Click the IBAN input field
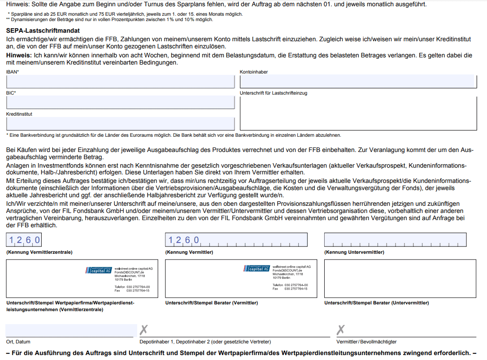[120, 82]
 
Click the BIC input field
[120, 102]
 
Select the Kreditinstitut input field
[120, 123]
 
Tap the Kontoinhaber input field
[357, 82]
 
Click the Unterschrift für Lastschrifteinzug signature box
[357, 113]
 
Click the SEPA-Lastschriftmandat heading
[43, 31]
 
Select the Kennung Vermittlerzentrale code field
[25, 240]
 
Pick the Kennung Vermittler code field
[236, 240]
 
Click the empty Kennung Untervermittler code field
[395, 240]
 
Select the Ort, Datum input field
[70, 330]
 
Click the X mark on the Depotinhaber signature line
[143, 330]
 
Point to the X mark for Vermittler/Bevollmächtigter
[341, 330]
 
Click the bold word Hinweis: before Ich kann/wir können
[19, 55]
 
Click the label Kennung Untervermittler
[354, 252]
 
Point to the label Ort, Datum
[18, 342]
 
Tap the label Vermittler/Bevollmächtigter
[366, 342]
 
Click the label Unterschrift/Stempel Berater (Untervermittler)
[376, 303]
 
